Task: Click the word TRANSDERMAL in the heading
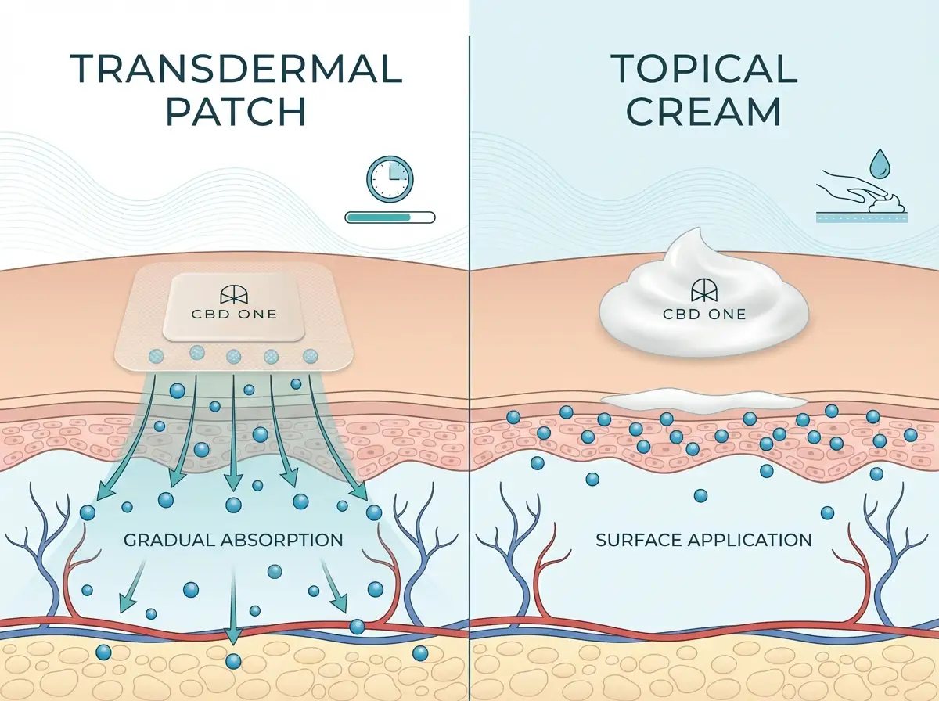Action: [236, 70]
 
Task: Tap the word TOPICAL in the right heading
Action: [704, 70]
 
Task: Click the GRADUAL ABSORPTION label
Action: [233, 540]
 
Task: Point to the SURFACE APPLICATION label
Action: [703, 540]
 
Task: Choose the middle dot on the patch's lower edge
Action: [234, 357]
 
